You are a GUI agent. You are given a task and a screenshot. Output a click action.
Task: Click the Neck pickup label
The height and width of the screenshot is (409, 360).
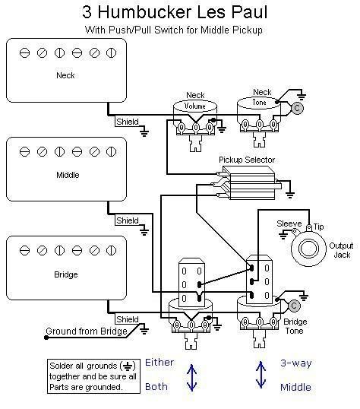[x=65, y=75]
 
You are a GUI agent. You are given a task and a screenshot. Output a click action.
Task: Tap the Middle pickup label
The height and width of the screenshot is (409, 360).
[x=68, y=175]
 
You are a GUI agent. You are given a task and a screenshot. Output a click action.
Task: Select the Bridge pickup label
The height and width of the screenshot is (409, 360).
[x=65, y=274]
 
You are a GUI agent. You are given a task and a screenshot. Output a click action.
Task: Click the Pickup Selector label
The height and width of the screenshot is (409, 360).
[x=247, y=160]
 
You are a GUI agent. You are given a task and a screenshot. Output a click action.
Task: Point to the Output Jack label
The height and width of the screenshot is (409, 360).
[x=341, y=250]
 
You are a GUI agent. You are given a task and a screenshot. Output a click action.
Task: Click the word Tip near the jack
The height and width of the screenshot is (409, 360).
[x=318, y=227]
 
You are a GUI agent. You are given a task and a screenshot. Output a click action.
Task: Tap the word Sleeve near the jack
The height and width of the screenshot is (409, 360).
[x=289, y=224]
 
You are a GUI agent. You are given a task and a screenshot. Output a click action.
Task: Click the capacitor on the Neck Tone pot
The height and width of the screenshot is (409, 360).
[x=297, y=108]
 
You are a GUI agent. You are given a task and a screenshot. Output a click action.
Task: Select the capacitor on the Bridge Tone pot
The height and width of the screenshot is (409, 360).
[x=294, y=306]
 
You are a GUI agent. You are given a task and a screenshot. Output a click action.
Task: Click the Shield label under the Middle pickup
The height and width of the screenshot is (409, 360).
[x=127, y=220]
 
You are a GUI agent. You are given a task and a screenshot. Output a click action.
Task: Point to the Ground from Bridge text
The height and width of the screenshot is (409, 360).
[x=87, y=331]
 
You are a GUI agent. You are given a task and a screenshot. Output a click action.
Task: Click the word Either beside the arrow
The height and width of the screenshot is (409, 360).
[x=159, y=363]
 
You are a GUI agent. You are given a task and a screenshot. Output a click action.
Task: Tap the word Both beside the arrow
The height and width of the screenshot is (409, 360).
[x=156, y=386]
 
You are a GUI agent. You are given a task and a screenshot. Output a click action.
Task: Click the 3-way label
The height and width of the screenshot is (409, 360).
[x=296, y=363]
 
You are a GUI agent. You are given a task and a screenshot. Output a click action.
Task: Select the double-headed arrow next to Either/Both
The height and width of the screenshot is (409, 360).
[x=191, y=377]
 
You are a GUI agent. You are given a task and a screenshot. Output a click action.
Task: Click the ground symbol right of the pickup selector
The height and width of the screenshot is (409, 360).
[x=289, y=194]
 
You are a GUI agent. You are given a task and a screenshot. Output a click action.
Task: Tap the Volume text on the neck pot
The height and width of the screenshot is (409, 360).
[x=194, y=106]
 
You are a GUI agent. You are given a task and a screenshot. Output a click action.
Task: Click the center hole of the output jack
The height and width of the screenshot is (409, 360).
[x=308, y=248]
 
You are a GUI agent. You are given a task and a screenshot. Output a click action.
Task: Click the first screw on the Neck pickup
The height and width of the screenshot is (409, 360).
[x=24, y=53]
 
